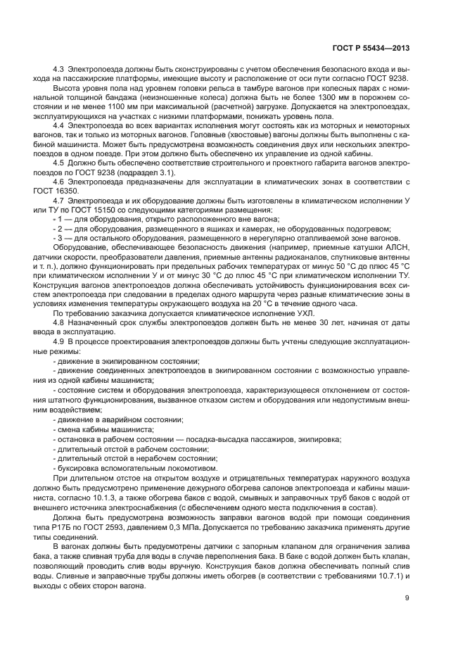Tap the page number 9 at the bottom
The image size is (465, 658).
408,598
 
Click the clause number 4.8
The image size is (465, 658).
60,322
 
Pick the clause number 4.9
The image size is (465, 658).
60,341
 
